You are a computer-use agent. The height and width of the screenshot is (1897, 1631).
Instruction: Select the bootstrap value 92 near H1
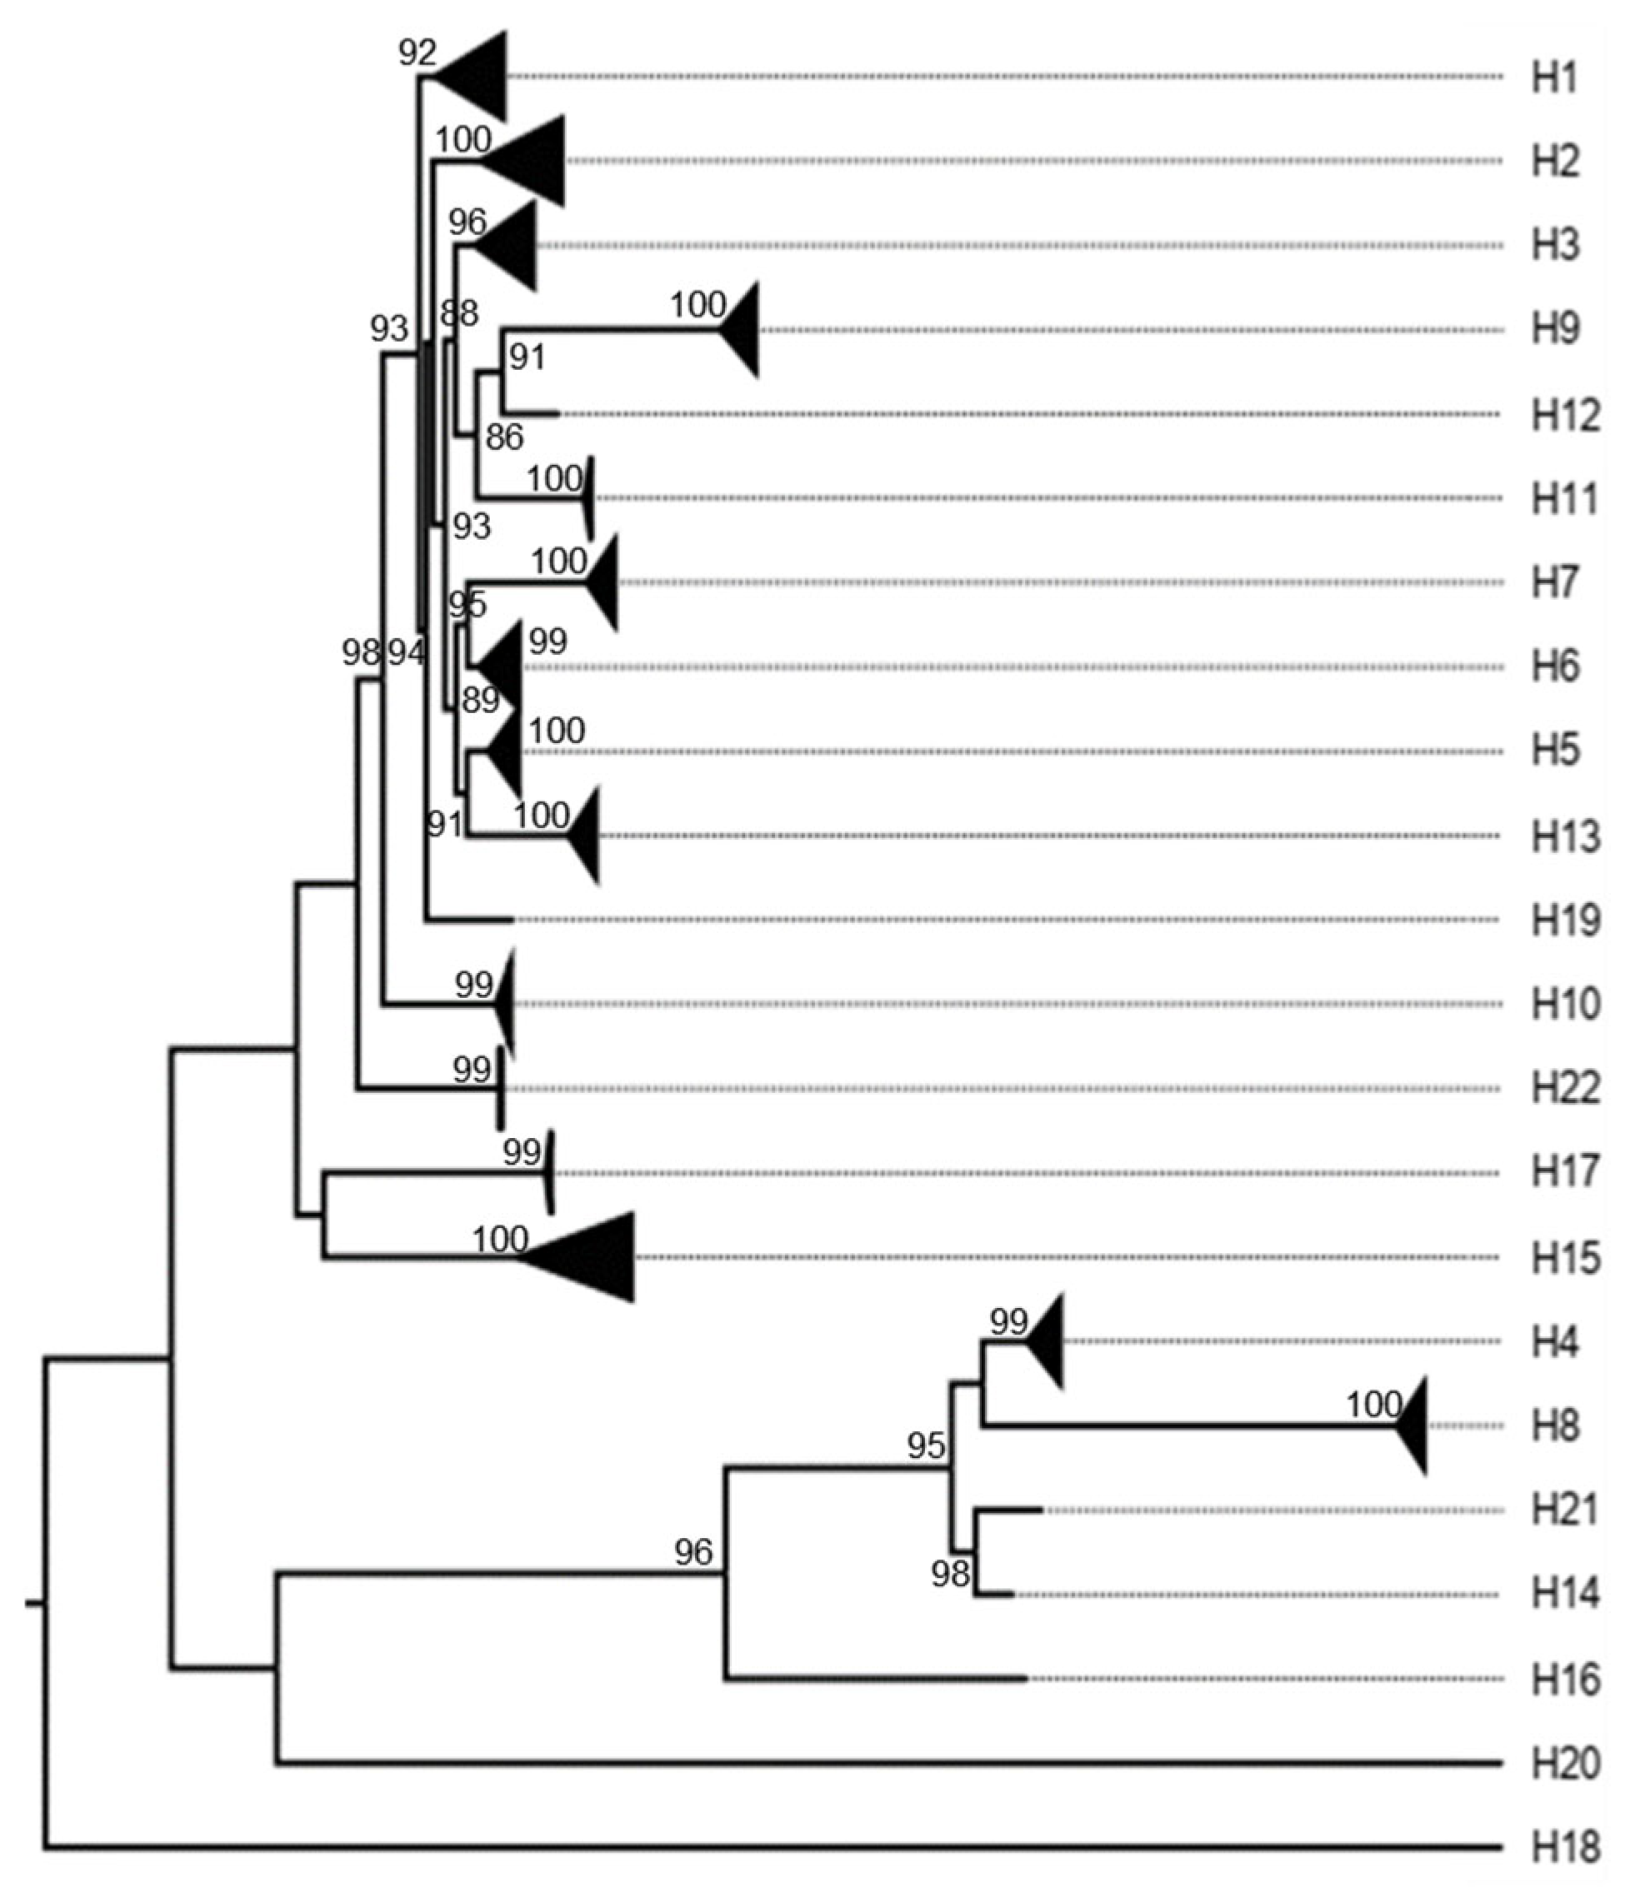coord(417,53)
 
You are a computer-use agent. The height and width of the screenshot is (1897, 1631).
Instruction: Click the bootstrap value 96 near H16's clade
coord(693,1552)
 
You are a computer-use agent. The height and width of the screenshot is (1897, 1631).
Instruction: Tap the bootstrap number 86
coord(503,437)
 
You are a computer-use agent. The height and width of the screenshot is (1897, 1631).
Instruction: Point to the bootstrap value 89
coord(480,701)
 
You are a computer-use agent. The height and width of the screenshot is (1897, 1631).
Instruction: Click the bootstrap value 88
coord(459,313)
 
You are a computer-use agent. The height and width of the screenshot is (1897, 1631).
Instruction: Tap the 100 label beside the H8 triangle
coord(1373,1404)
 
